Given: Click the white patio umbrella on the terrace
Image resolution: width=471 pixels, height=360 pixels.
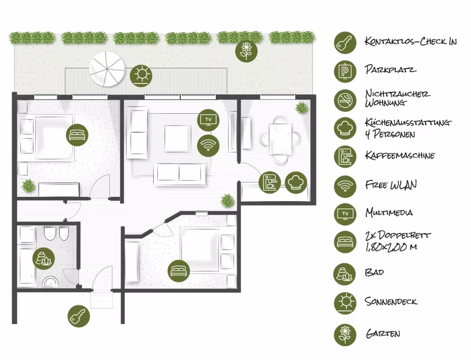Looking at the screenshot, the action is (x=107, y=69).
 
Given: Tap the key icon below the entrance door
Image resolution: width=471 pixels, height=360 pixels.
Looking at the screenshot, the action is (x=78, y=316).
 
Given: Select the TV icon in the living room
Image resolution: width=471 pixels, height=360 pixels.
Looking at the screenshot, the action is (x=208, y=120).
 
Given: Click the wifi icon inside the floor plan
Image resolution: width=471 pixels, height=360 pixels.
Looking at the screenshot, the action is (x=208, y=145).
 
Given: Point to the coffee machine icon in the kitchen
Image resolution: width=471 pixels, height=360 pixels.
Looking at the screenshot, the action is (x=270, y=183).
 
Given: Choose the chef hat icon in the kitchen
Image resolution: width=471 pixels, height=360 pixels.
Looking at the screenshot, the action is (x=296, y=183).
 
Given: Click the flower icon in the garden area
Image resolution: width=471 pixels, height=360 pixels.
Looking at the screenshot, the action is (x=246, y=51).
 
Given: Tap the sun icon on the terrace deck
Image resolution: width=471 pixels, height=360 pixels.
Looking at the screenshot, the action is (x=141, y=76).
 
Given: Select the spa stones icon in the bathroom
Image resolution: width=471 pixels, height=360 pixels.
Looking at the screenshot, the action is (x=43, y=258).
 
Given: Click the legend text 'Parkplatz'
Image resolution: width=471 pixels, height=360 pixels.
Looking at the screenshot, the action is (x=390, y=70).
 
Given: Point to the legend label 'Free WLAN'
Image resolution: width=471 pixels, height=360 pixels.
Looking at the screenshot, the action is (x=391, y=185).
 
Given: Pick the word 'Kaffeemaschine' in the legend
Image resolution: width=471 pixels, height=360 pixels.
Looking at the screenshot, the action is (x=400, y=155).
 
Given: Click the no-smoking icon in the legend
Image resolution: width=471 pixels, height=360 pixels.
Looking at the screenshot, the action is (x=345, y=100).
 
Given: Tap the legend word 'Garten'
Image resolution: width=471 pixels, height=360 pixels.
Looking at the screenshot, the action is (x=383, y=334).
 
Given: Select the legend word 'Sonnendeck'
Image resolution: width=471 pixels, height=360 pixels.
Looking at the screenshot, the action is (x=391, y=301).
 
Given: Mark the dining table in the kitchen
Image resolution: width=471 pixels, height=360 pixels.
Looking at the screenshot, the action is (x=280, y=139).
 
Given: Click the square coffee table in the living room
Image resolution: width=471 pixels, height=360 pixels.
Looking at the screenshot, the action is (x=177, y=138).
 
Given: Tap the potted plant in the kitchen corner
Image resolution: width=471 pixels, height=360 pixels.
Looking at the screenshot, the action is (x=302, y=108).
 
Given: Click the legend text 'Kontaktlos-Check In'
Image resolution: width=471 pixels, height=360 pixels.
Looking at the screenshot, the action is (x=411, y=42).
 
